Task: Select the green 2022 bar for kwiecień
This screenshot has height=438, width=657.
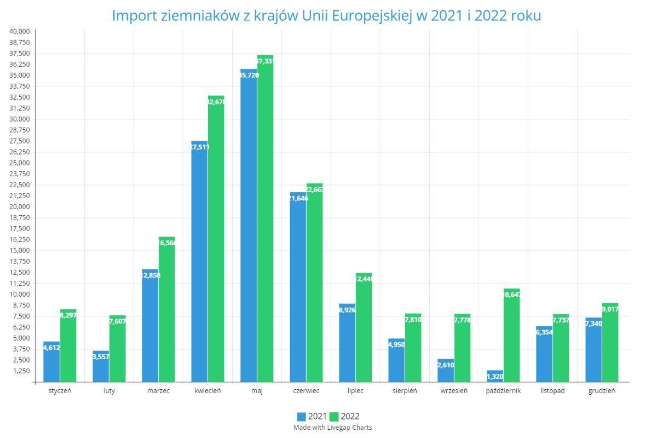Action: point(216,239)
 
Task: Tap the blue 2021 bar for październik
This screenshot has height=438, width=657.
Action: point(495,377)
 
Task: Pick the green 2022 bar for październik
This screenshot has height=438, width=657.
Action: point(511,335)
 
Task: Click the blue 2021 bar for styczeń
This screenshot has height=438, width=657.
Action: point(51,362)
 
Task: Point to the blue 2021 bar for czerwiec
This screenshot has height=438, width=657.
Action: point(298,287)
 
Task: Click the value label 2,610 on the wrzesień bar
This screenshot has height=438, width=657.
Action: point(445,365)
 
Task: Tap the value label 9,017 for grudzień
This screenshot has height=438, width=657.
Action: point(609,309)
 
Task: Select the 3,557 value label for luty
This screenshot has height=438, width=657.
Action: point(100,356)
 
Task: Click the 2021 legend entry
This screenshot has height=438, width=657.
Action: point(312,417)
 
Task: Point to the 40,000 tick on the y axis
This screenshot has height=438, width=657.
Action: point(20,31)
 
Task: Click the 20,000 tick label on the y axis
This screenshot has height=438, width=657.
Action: point(20,206)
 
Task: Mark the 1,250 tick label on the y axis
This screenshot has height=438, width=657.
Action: point(21,371)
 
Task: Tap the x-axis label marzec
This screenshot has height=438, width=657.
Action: point(158,391)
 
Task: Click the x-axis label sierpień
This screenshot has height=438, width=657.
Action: point(405,391)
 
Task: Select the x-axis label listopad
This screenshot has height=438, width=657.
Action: point(552,391)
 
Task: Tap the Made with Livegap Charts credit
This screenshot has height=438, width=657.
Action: point(332,428)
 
